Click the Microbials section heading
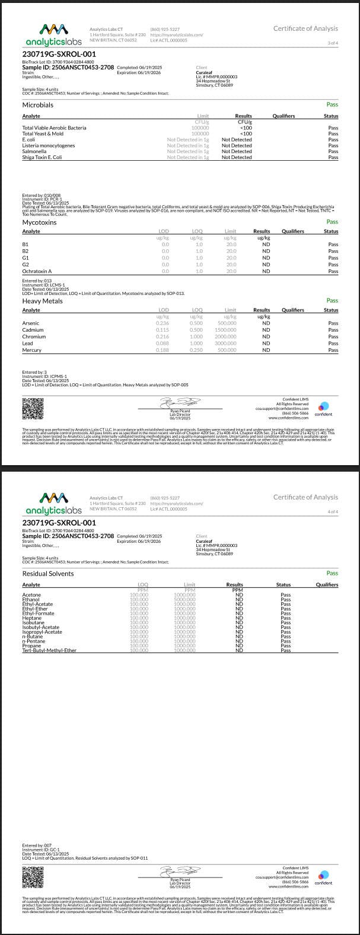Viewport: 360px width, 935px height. [x=37, y=105]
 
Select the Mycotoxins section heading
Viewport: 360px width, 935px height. [x=39, y=222]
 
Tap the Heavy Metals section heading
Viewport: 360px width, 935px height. [x=42, y=301]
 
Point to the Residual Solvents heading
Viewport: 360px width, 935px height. [x=48, y=574]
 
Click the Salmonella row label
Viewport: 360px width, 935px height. [x=34, y=151]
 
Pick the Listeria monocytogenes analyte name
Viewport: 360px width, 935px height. [x=49, y=145]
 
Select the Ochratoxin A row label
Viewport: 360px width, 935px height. [x=37, y=271]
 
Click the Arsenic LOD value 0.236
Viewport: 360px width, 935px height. [x=162, y=323]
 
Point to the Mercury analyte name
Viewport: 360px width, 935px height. [x=32, y=350]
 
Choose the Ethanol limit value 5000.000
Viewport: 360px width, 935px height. [x=185, y=599]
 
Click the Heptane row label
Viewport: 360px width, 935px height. [x=32, y=618]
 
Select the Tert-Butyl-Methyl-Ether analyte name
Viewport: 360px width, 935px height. [x=49, y=650]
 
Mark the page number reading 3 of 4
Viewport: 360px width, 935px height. [x=333, y=43]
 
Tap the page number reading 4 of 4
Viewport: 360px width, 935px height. [x=333, y=511]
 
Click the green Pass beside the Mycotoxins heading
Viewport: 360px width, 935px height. [x=332, y=222]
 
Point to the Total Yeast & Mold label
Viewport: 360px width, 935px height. [x=43, y=133]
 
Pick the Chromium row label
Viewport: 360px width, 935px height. [x=33, y=336]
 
